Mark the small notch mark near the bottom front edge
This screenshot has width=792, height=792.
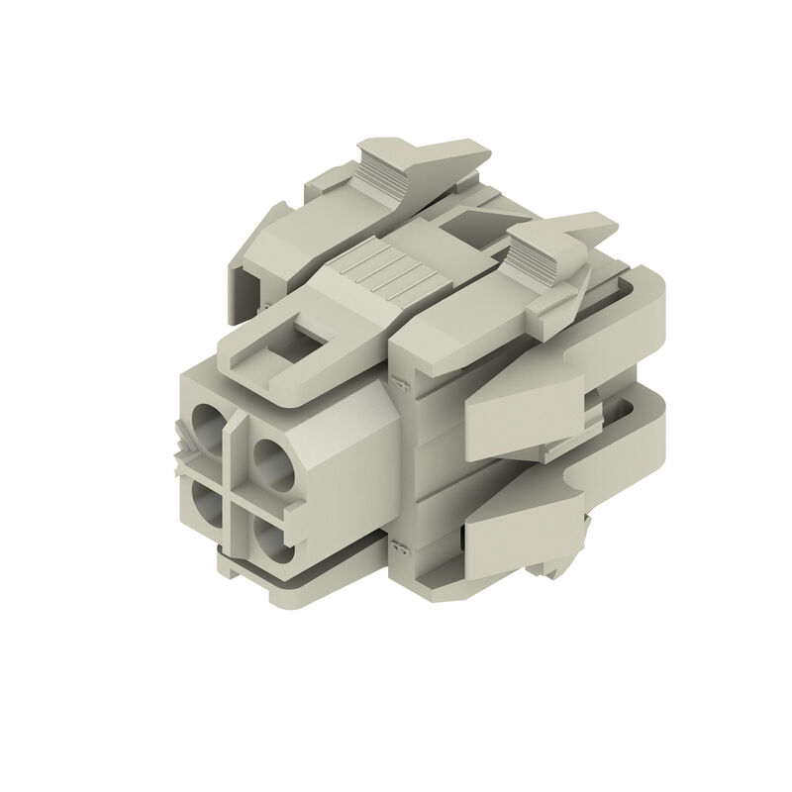click(398, 546)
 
